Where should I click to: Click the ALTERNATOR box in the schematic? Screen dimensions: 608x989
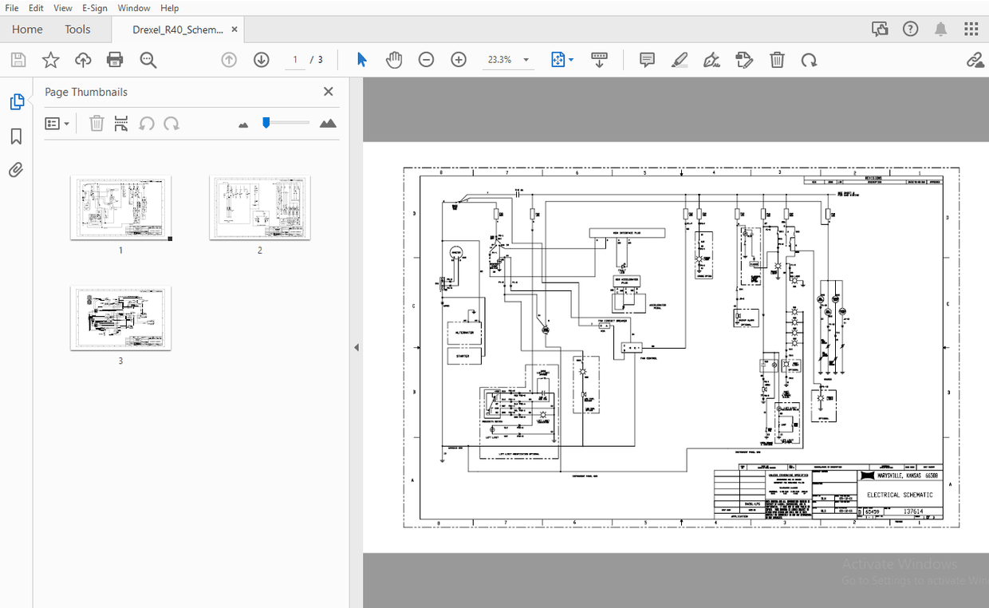coord(463,332)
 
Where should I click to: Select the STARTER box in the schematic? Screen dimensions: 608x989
coord(463,356)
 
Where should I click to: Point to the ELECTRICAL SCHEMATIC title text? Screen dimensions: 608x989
coord(899,495)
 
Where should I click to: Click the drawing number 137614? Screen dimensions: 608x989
coord(912,511)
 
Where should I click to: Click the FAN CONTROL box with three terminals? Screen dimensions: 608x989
coord(631,348)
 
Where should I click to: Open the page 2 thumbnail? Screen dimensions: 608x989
coord(259,207)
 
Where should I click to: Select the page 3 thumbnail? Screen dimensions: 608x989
coord(120,318)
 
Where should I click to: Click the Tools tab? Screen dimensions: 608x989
coord(77,30)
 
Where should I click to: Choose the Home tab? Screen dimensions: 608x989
coord(27,30)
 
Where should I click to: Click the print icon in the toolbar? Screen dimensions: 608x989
coord(115,60)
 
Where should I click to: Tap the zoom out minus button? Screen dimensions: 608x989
coord(426,60)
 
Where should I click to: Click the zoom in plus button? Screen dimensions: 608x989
coord(459,60)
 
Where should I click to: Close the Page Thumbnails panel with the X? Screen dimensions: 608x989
coord(328,92)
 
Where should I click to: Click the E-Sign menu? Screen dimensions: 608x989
coord(94,8)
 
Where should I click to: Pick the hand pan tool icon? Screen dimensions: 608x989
coord(394,60)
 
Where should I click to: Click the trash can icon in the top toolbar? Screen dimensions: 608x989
coord(777,60)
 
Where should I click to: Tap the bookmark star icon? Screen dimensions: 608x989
coord(50,60)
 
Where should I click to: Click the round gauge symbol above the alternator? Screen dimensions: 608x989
coord(456,252)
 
